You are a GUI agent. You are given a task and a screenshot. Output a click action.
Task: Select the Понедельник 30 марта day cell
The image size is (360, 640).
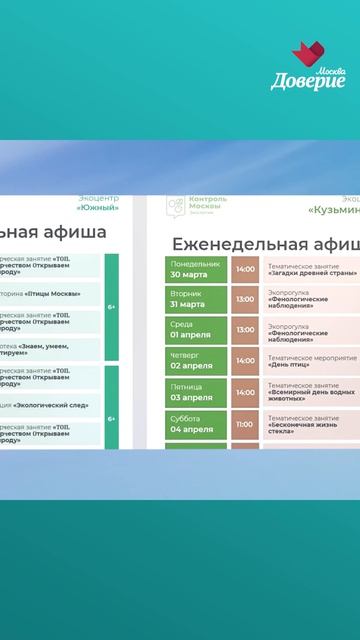pos(196,269)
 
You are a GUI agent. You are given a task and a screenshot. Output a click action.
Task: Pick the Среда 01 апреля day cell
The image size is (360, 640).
pos(196,331)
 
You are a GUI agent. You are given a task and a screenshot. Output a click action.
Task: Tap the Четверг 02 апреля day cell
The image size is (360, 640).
pos(196,362)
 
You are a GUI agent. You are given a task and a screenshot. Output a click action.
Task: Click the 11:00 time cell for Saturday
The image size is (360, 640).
pos(244,424)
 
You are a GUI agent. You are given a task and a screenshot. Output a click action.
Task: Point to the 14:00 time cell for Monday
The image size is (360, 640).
pos(244,269)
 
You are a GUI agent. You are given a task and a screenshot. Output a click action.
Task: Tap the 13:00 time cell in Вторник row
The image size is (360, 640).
pos(244,300)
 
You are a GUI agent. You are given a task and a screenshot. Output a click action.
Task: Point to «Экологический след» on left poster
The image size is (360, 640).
pos(40,405)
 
